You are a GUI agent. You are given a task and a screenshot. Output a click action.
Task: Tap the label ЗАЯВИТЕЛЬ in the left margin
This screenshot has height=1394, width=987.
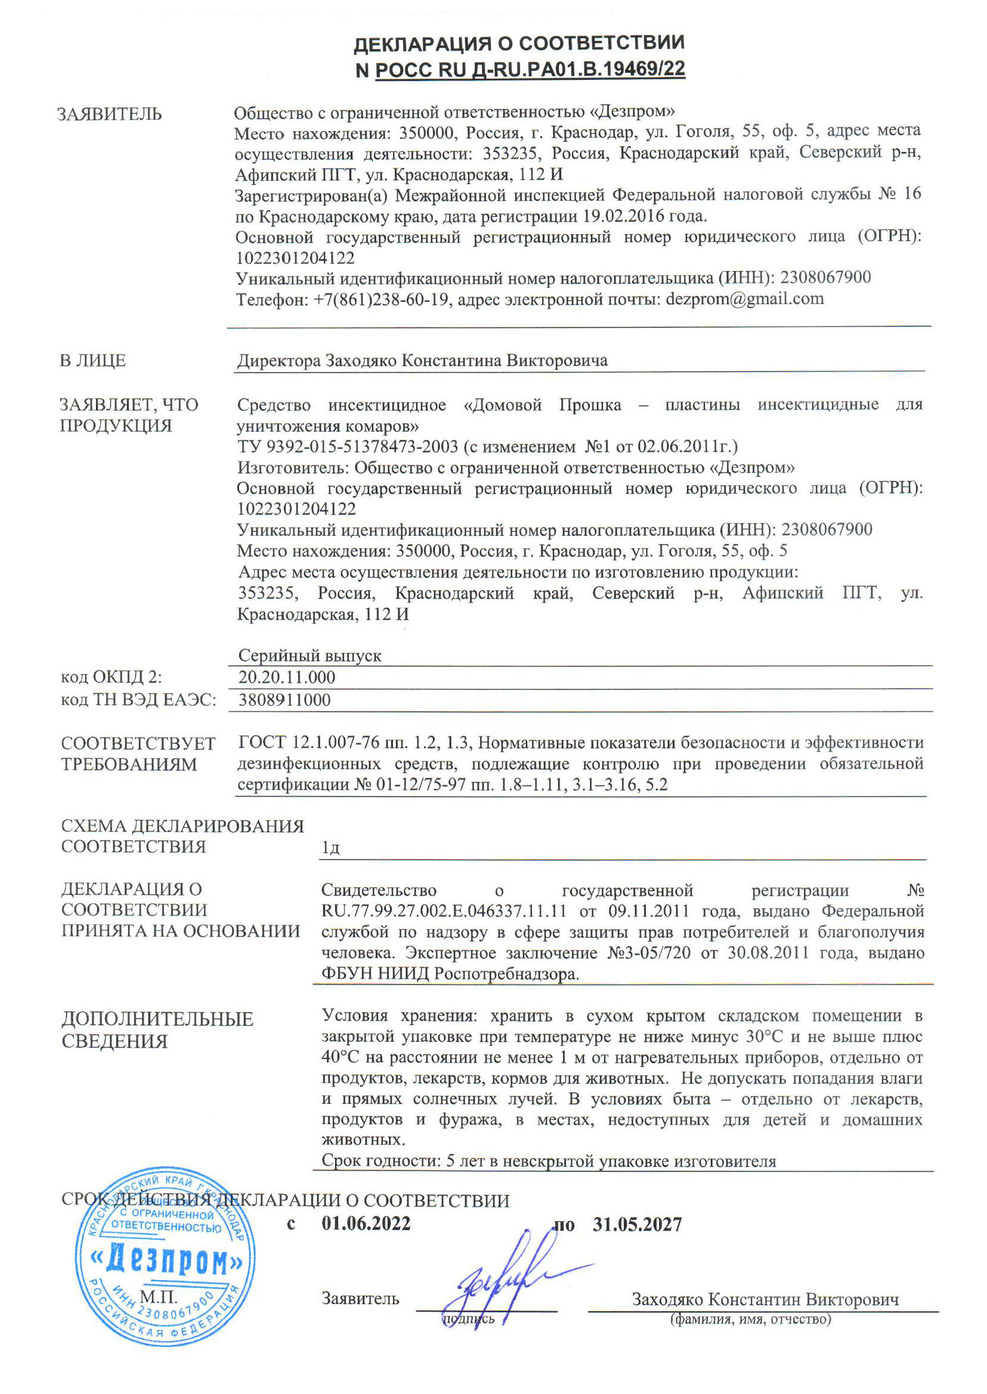click(x=109, y=114)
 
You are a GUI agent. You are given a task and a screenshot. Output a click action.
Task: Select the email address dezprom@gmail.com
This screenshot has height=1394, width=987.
click(x=744, y=299)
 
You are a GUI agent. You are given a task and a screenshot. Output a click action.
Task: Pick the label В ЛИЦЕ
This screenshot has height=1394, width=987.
click(x=92, y=360)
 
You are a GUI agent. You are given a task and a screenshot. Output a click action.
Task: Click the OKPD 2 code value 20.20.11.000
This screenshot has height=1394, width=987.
click(x=286, y=677)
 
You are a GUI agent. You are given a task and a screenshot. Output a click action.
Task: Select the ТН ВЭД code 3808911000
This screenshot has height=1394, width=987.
click(x=284, y=700)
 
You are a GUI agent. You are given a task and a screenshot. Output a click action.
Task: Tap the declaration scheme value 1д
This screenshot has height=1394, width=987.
click(x=330, y=847)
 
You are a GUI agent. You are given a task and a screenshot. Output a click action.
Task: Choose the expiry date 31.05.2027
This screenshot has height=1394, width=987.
click(x=637, y=1224)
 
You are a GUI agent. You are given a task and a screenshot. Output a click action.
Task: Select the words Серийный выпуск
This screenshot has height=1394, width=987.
click(x=310, y=656)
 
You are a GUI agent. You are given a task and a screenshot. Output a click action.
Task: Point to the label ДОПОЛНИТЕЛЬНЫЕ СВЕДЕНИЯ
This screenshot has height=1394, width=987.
click(x=157, y=1029)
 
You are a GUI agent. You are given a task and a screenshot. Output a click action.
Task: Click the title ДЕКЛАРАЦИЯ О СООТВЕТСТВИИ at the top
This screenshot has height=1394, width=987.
click(x=519, y=43)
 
